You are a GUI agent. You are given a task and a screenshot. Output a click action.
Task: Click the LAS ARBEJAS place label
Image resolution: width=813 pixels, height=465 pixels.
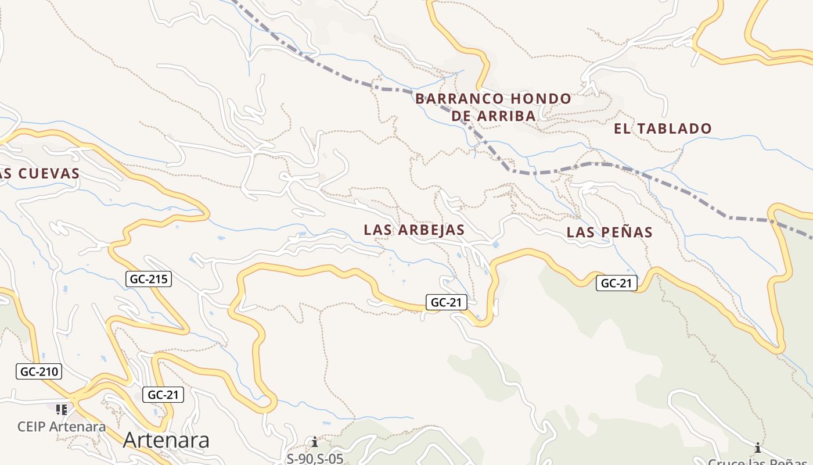414,230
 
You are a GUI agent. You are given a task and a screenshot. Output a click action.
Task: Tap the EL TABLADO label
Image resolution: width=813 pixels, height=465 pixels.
663,129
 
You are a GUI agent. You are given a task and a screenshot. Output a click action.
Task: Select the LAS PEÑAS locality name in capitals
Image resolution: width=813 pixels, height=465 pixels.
609,233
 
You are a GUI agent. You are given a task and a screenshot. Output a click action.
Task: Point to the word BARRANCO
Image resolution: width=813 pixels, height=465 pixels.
454,99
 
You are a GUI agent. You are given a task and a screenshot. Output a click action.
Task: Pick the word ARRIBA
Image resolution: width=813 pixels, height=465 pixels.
505,116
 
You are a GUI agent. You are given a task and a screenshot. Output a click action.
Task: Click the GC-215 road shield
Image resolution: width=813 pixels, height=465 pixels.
149,279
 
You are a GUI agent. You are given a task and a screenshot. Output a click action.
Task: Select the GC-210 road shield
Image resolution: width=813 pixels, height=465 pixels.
39,371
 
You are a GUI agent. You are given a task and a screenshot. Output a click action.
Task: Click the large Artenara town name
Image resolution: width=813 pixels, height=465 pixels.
166,440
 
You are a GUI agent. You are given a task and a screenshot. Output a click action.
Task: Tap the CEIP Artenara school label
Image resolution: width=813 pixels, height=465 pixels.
62,427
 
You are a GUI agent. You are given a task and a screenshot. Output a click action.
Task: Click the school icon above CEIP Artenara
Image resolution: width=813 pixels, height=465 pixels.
62,409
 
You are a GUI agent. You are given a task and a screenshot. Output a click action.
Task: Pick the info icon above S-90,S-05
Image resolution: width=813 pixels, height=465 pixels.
315,442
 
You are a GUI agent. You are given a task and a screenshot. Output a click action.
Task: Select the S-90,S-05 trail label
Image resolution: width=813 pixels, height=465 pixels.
315,458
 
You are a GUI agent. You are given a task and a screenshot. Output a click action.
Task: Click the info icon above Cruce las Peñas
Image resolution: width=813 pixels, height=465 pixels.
757,448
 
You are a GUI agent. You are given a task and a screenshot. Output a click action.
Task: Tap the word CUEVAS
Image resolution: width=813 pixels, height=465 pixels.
49,174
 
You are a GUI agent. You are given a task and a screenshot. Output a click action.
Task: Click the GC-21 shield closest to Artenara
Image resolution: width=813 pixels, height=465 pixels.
163,395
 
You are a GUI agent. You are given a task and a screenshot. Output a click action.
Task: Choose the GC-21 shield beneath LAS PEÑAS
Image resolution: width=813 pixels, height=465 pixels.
616,283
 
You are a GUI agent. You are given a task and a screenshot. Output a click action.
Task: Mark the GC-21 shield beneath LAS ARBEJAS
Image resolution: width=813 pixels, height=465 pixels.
447,302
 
